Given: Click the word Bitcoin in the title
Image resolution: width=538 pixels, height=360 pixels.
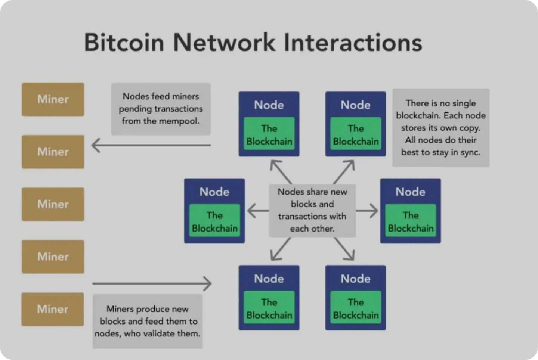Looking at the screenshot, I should (x=124, y=42).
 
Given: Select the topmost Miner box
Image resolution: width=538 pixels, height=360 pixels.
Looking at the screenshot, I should (x=53, y=99).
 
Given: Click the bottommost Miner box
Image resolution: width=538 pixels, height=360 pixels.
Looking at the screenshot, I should (x=53, y=309).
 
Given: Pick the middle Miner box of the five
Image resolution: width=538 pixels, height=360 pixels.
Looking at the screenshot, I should (x=53, y=204).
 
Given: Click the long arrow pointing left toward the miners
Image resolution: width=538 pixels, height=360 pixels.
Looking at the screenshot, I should (x=151, y=145).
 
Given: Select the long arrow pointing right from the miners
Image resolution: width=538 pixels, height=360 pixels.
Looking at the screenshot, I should (x=152, y=283).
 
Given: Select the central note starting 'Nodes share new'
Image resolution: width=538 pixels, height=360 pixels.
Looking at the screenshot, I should (x=312, y=210).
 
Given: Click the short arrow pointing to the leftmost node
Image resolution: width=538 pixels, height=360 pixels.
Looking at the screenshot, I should (x=258, y=211).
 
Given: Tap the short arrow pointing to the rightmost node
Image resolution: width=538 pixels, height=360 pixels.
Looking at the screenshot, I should (x=367, y=211).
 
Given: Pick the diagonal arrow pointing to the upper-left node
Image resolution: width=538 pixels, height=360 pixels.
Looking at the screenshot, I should (x=281, y=171).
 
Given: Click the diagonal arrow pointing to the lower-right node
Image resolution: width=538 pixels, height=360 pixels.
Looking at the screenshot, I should (x=344, y=249).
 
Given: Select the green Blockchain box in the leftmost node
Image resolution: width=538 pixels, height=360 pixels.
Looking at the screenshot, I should (x=214, y=222).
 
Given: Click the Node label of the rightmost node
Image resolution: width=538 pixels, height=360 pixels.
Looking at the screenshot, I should (x=410, y=192).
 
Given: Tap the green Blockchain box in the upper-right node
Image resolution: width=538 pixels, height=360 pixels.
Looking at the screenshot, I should (x=356, y=135).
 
